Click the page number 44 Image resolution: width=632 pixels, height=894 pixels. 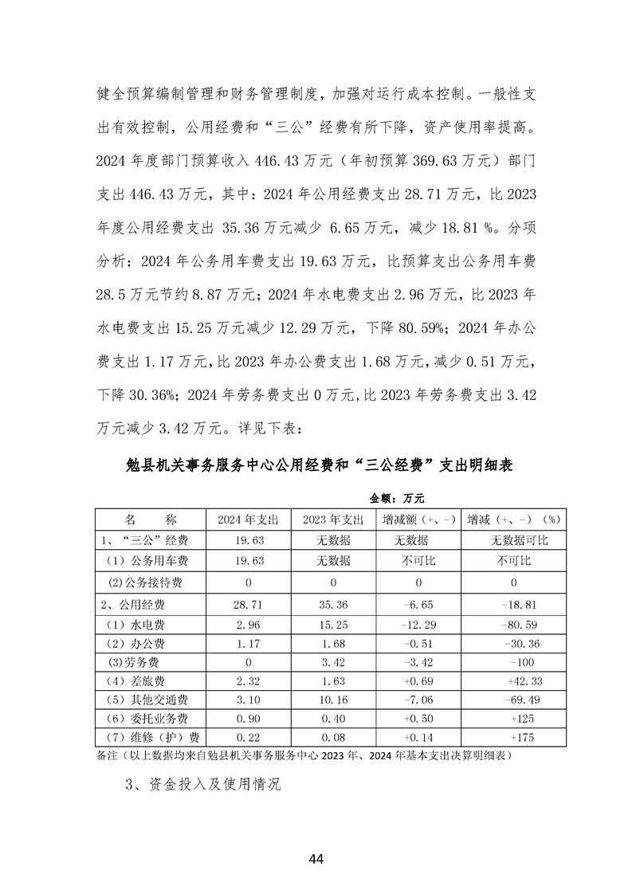316,859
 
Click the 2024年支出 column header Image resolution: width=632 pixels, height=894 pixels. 248,519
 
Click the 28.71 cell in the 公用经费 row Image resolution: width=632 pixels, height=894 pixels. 248,603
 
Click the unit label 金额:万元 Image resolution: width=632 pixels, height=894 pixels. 396,498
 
